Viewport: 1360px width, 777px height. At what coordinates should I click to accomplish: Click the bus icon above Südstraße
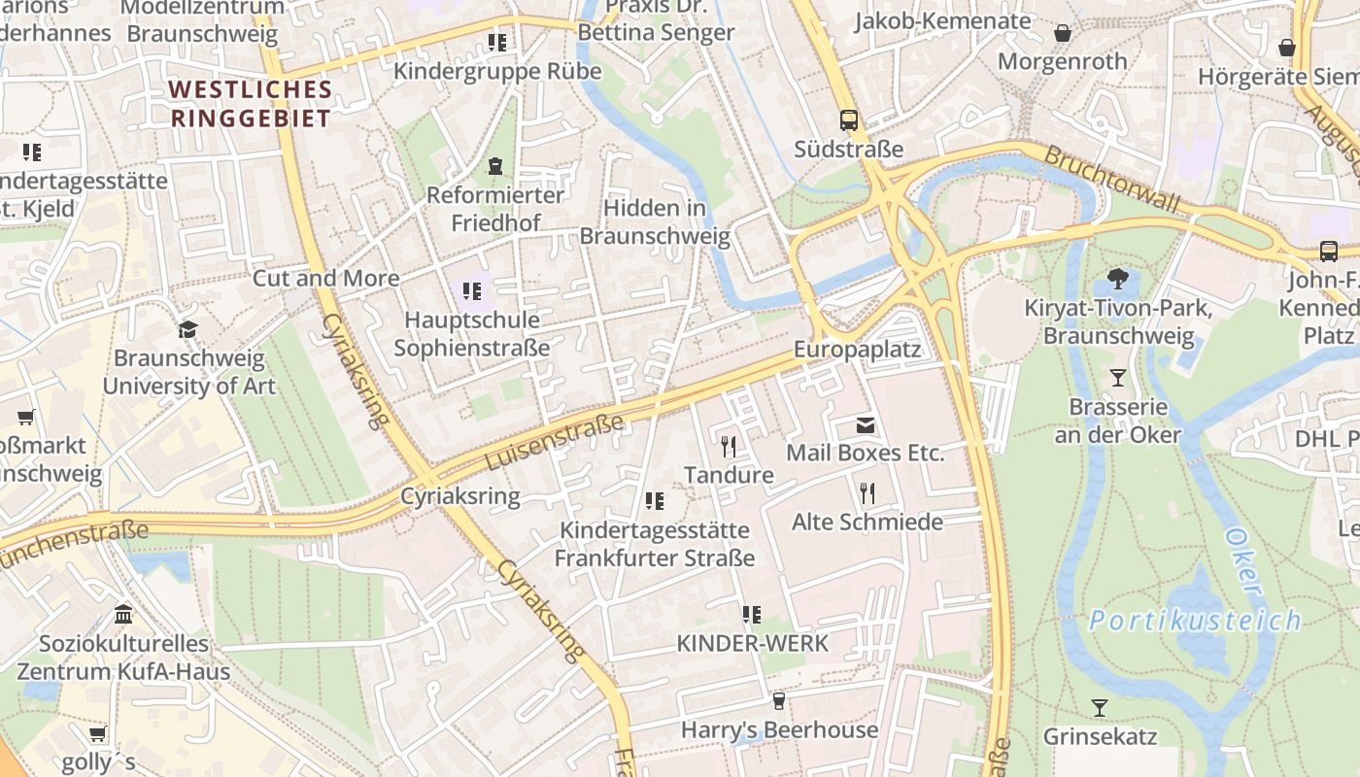click(x=849, y=120)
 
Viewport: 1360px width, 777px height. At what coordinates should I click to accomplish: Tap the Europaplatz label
click(x=857, y=350)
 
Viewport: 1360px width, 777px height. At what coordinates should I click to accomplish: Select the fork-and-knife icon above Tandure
click(x=729, y=446)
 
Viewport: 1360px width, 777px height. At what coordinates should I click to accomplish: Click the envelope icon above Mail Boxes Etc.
click(x=865, y=425)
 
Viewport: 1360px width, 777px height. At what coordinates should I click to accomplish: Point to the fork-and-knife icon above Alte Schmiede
click(x=867, y=493)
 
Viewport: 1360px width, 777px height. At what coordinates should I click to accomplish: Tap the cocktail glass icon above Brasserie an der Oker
click(x=1118, y=378)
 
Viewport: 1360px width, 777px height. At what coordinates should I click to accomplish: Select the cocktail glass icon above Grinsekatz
click(x=1099, y=708)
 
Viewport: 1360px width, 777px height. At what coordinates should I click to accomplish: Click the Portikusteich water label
click(x=1194, y=620)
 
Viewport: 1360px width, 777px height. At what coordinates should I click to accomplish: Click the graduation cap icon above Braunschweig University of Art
click(x=187, y=329)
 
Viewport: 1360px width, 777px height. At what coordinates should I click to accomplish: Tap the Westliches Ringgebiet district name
click(x=251, y=104)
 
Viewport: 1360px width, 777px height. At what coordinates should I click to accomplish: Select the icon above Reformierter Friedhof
click(x=495, y=166)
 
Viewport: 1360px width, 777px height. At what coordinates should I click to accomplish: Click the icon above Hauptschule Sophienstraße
click(x=472, y=290)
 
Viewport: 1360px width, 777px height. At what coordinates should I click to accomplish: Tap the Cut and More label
click(x=325, y=279)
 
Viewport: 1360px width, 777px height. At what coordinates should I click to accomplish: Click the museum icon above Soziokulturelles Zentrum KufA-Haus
click(x=123, y=615)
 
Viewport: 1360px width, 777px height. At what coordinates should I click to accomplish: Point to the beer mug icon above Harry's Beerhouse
click(x=778, y=701)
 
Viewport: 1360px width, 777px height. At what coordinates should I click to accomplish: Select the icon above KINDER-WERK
click(x=751, y=614)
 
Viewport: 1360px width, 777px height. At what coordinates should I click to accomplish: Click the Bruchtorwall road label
click(x=1111, y=180)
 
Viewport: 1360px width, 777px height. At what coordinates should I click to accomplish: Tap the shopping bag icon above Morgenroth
click(x=1063, y=33)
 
